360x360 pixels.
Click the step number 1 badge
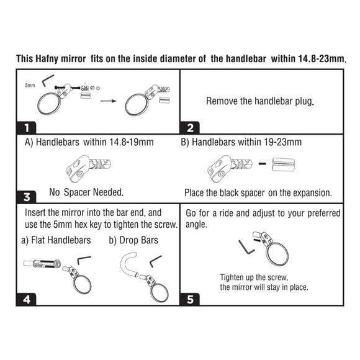[27, 128]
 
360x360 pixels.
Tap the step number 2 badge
[190, 128]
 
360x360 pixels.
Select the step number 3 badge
[27, 197]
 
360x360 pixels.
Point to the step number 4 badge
[27, 299]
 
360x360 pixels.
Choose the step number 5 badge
[190, 299]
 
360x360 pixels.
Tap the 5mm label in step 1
[30, 86]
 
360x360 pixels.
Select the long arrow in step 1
[109, 101]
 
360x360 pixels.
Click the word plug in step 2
[304, 101]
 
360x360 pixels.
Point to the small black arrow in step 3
[262, 164]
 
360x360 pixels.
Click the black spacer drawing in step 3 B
[283, 164]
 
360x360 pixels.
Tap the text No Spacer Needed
[86, 192]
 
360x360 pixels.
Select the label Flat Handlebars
[61, 240]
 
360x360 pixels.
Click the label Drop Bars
[139, 240]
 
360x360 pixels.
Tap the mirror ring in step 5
[268, 255]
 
